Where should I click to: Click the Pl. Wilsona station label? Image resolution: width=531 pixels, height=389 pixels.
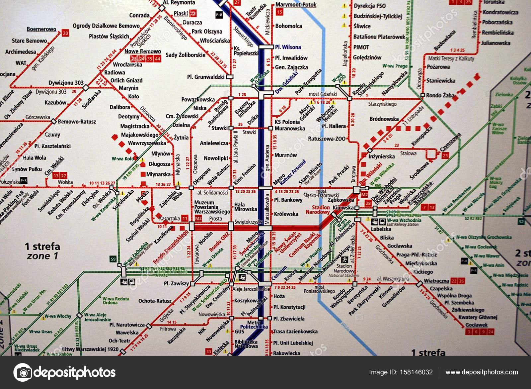tap(288, 47)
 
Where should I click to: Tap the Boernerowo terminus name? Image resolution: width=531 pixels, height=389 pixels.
tap(41, 29)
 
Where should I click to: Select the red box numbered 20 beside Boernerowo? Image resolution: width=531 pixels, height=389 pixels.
tap(65, 33)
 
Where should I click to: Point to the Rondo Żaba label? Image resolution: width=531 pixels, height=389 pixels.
tap(440, 95)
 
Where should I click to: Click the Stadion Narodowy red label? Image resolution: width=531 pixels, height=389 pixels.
tap(318, 210)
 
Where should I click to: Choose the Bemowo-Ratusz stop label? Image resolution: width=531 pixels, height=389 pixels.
tap(77, 122)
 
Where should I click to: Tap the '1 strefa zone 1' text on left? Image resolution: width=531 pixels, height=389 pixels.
tap(42, 251)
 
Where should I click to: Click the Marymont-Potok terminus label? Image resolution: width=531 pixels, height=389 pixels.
tap(296, 5)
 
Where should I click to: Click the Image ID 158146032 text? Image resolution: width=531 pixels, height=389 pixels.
tap(401, 372)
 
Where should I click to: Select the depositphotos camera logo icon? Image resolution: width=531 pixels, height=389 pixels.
tap(23, 372)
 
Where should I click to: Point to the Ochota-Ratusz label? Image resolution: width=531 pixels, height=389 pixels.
tap(155, 301)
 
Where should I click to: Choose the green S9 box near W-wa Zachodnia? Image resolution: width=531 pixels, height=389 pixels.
tap(113, 259)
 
